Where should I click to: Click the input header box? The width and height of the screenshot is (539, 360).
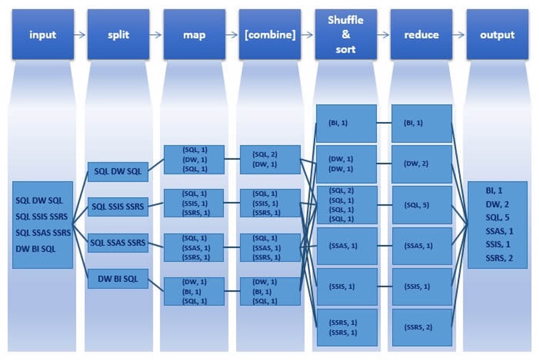42,35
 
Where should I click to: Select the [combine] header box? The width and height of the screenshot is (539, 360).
269,35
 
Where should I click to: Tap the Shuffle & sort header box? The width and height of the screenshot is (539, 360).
346,35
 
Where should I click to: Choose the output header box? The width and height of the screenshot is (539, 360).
497,35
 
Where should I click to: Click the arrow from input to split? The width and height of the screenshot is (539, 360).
80,35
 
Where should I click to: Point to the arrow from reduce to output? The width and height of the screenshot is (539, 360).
459,35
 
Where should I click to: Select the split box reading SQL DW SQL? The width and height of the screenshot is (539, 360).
117,172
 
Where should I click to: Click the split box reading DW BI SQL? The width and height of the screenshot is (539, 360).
117,278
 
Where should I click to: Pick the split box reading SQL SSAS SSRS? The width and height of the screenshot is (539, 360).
117,243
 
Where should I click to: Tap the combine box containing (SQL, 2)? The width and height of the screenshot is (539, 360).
269,159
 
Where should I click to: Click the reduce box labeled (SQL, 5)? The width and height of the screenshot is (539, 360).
422,204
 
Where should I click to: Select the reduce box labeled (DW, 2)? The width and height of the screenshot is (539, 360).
422,164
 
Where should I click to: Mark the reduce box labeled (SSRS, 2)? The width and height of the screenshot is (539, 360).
422,327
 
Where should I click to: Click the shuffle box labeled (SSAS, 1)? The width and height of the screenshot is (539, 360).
346,246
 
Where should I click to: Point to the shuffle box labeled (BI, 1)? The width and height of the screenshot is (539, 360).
346,123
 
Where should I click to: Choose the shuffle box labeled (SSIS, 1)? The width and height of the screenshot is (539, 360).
346,287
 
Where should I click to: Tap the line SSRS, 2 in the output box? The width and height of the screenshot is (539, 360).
499,258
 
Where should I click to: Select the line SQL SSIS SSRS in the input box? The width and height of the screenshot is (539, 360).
42,216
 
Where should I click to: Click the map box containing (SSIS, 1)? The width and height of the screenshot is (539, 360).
194,203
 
